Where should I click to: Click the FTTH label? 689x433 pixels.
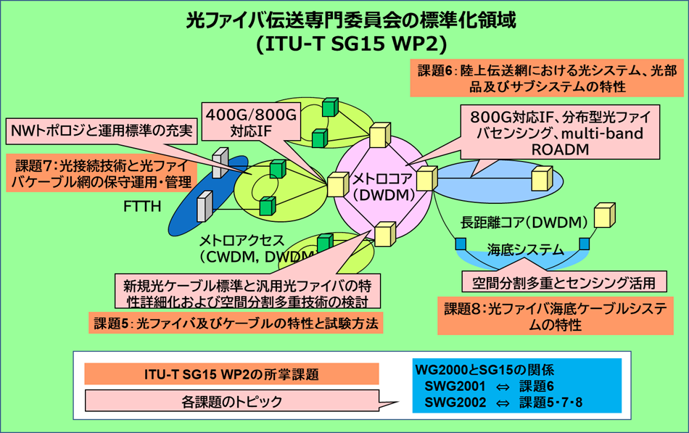tap(142, 206)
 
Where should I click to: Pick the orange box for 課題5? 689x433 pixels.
tap(236, 323)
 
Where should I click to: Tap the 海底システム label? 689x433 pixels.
tap(526, 250)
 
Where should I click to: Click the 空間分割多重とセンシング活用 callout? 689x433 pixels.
tap(564, 281)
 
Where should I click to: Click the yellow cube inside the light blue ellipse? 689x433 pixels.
tap(541, 178)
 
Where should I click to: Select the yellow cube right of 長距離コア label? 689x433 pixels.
tap(603, 215)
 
